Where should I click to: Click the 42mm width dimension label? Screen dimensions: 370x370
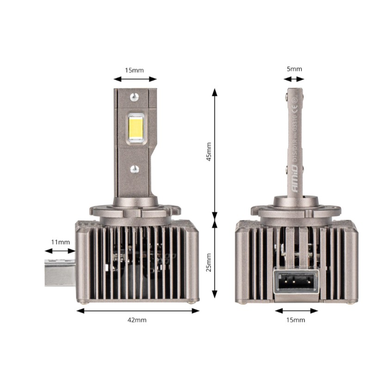pyautogui.click(x=137, y=320)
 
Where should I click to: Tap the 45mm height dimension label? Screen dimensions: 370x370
pyautogui.click(x=209, y=151)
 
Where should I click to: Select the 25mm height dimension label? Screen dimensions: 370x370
pyautogui.click(x=209, y=262)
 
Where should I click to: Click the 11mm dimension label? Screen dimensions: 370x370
pyautogui.click(x=61, y=241)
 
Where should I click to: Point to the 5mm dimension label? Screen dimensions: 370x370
pyautogui.click(x=294, y=69)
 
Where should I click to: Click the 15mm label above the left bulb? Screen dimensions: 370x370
pyautogui.click(x=135, y=70)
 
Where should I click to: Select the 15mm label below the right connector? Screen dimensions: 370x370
pyautogui.click(x=296, y=320)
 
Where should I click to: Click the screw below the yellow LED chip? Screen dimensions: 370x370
pyautogui.click(x=135, y=169)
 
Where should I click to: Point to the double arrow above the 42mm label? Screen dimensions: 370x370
pyautogui.click(x=137, y=311)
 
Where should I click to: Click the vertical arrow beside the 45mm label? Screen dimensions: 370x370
pyautogui.click(x=215, y=153)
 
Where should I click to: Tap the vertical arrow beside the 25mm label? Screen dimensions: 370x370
pyautogui.click(x=215, y=259)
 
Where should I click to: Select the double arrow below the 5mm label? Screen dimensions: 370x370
pyautogui.click(x=294, y=80)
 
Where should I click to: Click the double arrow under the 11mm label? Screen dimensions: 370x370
pyautogui.click(x=60, y=251)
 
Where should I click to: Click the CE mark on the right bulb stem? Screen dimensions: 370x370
pyautogui.click(x=295, y=110)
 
